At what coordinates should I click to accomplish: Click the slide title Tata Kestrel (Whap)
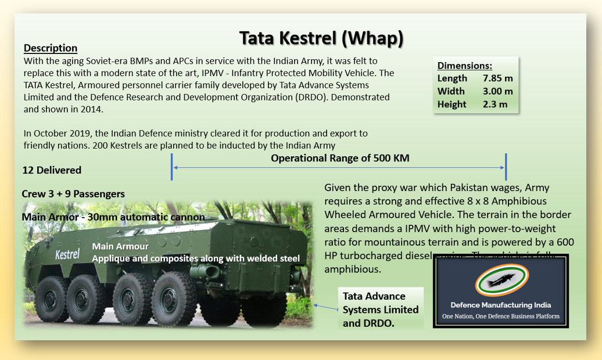coord(321,38)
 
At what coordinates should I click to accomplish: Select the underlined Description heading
coord(51,48)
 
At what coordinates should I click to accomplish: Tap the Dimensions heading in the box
coord(465,66)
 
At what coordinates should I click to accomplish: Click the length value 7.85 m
coord(497,78)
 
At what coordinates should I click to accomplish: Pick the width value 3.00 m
coord(497,91)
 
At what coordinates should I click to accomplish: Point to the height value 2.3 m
coord(494,105)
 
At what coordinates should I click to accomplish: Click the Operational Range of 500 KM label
coord(340,158)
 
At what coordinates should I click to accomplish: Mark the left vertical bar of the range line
coord(172,167)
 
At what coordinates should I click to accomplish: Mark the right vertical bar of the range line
coord(506,167)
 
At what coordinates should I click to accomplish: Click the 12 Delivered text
coord(52,170)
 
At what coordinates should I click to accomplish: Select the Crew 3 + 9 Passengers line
coord(73,194)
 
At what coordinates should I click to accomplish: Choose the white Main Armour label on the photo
coord(120,247)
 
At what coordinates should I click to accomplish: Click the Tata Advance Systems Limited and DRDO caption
coord(381,309)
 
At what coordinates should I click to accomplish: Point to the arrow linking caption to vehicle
coord(325,307)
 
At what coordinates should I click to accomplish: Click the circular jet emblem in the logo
coord(501,281)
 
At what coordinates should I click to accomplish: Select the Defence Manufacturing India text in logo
coord(501,305)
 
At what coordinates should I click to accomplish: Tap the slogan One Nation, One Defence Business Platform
coord(501,317)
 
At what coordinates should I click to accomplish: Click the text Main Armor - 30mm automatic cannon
coord(113,217)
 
